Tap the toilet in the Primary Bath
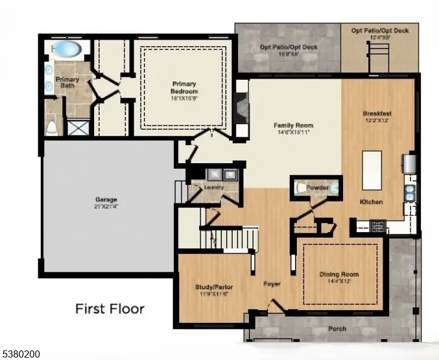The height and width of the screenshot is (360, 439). pos(52,127)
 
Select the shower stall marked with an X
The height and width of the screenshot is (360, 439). pos(76,127)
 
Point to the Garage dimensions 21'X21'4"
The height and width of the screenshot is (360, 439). pos(106,206)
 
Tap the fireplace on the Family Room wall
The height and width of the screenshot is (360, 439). pos(242,109)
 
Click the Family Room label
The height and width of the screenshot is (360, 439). pos(293,125)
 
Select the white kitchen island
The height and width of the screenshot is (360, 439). pos(372,170)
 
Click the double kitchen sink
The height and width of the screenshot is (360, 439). pos(410,193)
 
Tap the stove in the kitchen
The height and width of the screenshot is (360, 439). pos(378,227)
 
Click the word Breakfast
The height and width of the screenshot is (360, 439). pos(377,113)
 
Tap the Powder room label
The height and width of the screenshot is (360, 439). pos(317,188)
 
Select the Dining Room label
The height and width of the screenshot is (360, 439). pos(339,274)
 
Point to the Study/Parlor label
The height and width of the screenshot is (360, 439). pos(214,287)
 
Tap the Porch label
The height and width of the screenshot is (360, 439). pos(336,329)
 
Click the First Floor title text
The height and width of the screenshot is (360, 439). pos(109,309)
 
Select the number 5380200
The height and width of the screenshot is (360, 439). pos(21,355)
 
